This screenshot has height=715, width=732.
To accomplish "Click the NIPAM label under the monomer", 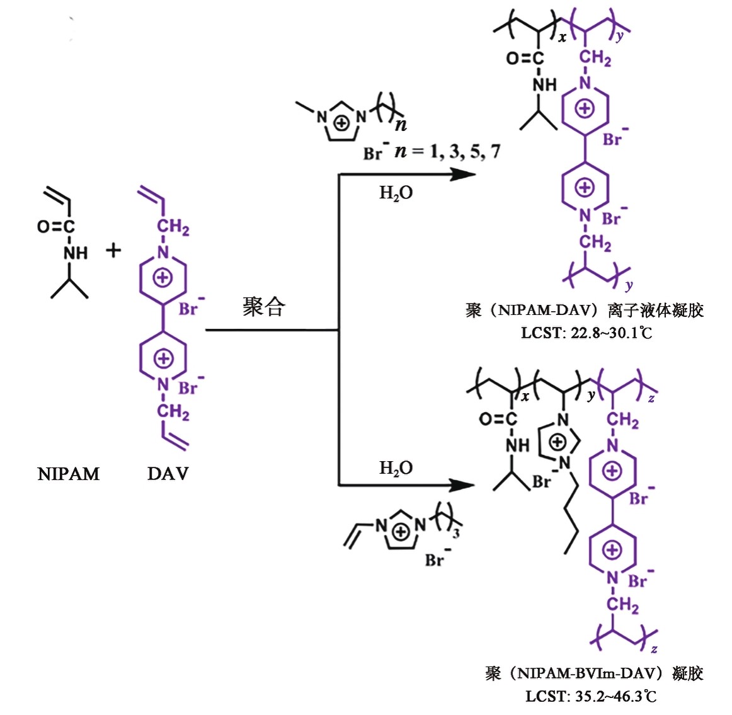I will coord(68,474).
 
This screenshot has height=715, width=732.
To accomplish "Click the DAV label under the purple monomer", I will coord(168,474).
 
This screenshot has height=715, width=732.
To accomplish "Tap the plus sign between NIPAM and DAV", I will coord(113,250).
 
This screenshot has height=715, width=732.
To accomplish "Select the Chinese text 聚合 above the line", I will coord(264,307).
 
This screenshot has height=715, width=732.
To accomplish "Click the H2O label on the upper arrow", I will coord(396,193).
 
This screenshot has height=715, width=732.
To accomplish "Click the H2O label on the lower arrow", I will coord(396,468).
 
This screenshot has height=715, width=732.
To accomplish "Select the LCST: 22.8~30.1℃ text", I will coord(586,332).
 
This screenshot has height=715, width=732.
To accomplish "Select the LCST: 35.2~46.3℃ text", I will coord(591,696).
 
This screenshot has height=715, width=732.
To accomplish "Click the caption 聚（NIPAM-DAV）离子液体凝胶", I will coord(585,311).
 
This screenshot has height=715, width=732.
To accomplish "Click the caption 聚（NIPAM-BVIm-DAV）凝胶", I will coord(594,673).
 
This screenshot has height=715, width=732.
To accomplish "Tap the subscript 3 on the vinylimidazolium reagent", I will coord(455,533).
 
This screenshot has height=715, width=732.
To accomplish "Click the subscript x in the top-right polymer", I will coord(562,38).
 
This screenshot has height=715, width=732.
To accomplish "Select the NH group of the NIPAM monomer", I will coord(76,253).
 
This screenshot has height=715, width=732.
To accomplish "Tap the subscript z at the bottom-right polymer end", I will coord(654,648).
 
